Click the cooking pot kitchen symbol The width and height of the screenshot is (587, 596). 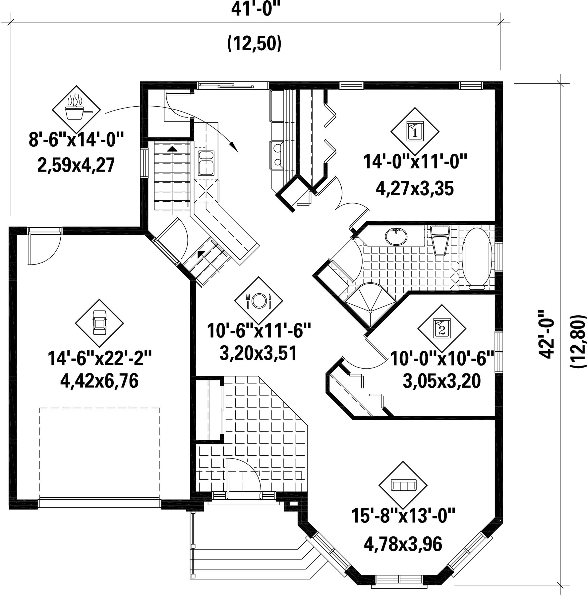point(76,110)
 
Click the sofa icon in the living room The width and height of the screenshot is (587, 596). point(403,485)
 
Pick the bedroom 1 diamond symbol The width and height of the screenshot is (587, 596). point(415,131)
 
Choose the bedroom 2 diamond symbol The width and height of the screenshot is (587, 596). point(442,328)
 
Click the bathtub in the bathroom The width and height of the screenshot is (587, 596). point(476,259)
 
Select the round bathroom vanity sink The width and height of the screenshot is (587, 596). point(396,236)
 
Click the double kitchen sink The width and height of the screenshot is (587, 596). point(206,163)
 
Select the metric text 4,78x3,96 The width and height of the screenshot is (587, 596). point(403,544)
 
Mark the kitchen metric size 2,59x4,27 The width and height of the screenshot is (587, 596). point(76,165)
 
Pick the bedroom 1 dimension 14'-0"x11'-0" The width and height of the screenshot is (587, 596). point(415,162)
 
